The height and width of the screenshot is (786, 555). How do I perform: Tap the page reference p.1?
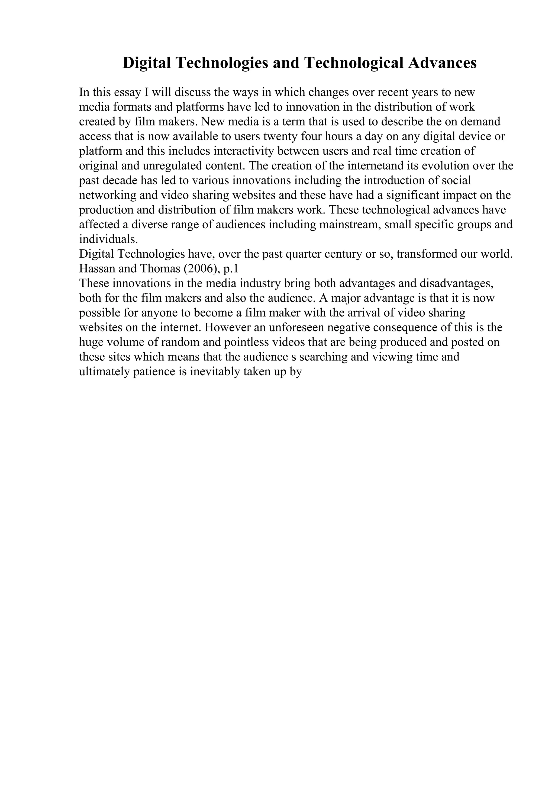pyautogui.click(x=230, y=269)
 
